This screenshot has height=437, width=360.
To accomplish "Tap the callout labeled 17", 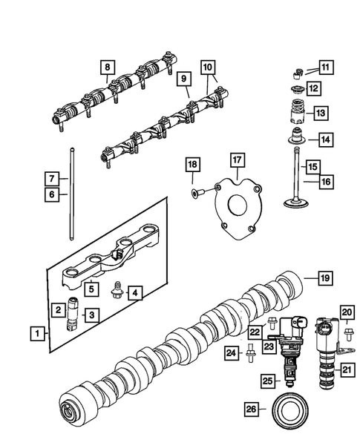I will coord(236,160).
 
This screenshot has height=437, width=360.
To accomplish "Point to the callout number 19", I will coord(324,279).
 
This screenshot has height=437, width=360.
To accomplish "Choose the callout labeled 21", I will coord(347,368).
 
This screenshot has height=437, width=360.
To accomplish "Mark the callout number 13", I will coord(321,114).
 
